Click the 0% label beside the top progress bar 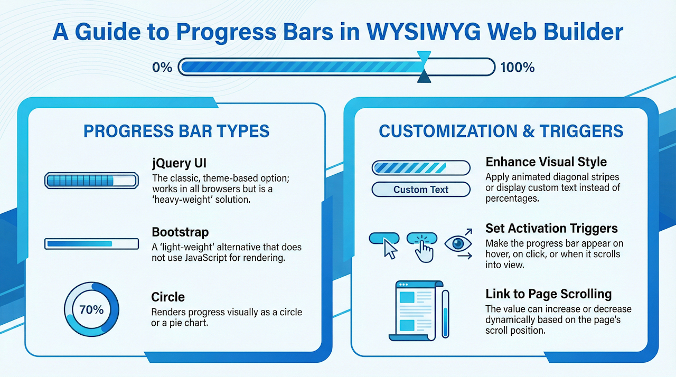(x=162, y=68)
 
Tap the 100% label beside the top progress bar (x=517, y=68)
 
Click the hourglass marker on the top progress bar (x=424, y=67)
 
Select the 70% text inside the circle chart (x=91, y=310)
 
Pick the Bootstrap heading (x=180, y=232)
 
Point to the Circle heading (x=168, y=297)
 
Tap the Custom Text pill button (x=421, y=190)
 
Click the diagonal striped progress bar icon (x=421, y=168)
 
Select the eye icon (x=457, y=243)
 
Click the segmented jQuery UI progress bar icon (x=91, y=181)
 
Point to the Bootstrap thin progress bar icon (x=91, y=243)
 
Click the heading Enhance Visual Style (x=546, y=162)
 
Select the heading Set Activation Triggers (x=551, y=228)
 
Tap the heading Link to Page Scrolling (x=548, y=294)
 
